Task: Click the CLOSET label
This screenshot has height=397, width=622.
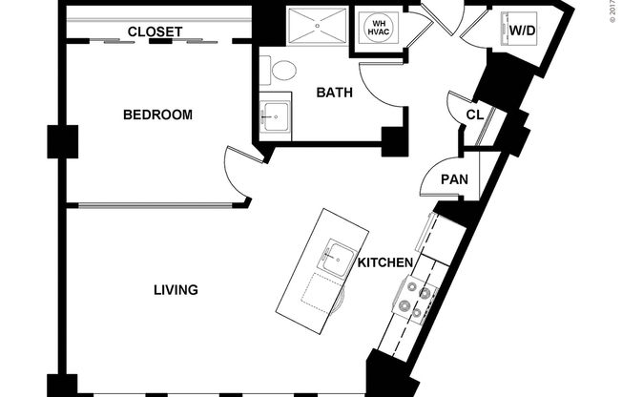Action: point(155,31)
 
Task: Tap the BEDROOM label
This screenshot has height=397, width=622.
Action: point(157,115)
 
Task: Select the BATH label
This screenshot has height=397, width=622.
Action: point(335,93)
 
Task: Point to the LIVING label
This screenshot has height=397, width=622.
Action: point(176,289)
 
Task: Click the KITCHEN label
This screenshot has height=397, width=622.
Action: point(385,262)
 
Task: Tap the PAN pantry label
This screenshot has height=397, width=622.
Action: point(453,179)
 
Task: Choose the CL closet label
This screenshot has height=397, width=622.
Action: point(474,115)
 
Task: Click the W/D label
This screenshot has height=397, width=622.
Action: point(522,31)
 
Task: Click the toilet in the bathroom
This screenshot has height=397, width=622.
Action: point(282,70)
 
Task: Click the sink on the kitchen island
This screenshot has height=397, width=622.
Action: point(337,255)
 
